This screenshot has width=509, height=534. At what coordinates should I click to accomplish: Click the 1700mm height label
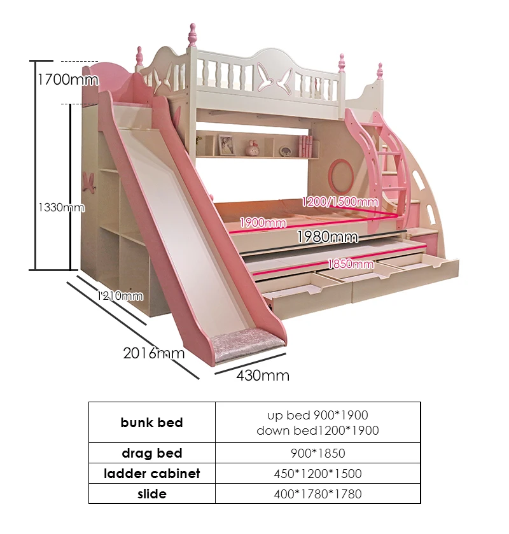(68, 80)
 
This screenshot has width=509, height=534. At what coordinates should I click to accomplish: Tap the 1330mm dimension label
(60, 207)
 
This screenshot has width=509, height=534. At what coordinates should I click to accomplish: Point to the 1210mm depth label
(120, 295)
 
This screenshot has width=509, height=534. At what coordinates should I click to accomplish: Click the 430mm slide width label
(263, 376)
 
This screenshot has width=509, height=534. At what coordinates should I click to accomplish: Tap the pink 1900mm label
(263, 223)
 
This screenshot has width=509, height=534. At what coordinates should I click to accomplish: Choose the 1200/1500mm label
(340, 202)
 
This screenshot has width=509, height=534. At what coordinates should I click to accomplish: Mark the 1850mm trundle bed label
(351, 263)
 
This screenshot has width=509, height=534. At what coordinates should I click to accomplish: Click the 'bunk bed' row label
(151, 423)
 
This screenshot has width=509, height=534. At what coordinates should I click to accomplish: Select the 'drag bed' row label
(151, 453)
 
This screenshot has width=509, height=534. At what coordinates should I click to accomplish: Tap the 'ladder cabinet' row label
(151, 474)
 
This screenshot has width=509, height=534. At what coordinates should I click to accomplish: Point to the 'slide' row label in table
(151, 494)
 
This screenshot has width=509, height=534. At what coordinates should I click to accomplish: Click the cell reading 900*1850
(317, 453)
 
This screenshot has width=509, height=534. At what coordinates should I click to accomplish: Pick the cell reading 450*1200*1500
(317, 474)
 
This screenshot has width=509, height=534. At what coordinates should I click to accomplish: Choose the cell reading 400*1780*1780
(317, 494)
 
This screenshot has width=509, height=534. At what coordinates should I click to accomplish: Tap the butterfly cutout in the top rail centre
(274, 80)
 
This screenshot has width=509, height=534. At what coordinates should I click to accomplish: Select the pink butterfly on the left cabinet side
(89, 181)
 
